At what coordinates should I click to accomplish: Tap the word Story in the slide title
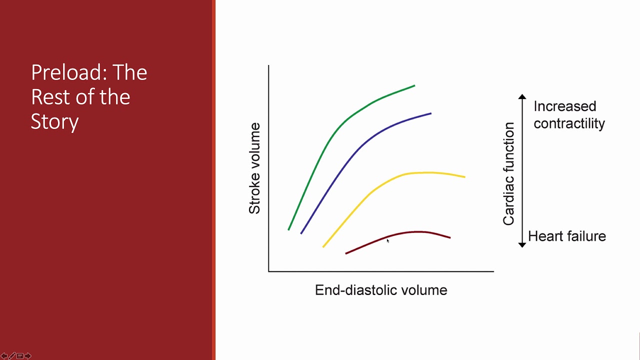[x=54, y=122]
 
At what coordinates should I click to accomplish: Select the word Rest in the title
[x=50, y=97]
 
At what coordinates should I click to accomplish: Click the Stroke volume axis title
[x=255, y=168]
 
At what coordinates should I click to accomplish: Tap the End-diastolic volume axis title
[x=380, y=290]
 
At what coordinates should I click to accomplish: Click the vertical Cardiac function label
[x=509, y=173]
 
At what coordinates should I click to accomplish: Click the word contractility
[x=569, y=123]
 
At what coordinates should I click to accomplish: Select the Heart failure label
[x=566, y=236]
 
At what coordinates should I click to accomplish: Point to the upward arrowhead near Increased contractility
[x=522, y=96]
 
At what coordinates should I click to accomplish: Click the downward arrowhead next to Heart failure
[x=522, y=244]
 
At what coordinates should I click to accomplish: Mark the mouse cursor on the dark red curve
[x=387, y=241]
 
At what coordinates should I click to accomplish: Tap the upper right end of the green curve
[x=414, y=86]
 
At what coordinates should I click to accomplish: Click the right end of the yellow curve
[x=464, y=176]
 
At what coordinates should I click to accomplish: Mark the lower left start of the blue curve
[x=301, y=232]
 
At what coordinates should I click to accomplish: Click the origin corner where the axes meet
[x=269, y=271]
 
